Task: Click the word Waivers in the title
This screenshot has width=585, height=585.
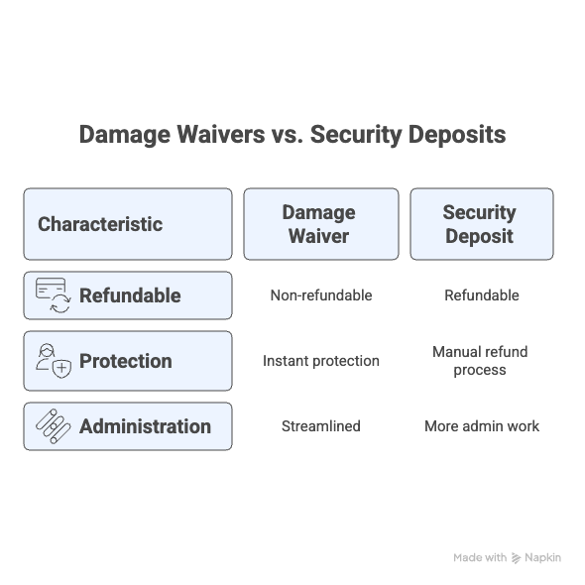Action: pos(221,134)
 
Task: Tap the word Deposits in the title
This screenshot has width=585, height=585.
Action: pos(457,135)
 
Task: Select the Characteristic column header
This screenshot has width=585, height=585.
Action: pos(128,224)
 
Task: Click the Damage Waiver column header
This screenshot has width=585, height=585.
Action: pos(321,224)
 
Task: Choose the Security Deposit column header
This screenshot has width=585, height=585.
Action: pos(482,224)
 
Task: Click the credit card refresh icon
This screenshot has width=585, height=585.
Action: pos(53,295)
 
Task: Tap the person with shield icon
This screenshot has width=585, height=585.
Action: pos(53,361)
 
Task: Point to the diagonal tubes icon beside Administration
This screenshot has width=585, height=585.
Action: pos(53,426)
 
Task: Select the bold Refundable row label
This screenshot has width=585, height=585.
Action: pos(130,295)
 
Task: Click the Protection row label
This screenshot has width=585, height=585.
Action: pos(126,361)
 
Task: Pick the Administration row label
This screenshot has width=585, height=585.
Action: pos(145,426)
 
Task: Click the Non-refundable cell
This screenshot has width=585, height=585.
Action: pos(321,295)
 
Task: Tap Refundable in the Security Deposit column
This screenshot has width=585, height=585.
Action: pos(482,295)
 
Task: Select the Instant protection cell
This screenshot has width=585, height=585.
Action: pos(321,361)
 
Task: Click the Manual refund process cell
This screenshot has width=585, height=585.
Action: pos(480,361)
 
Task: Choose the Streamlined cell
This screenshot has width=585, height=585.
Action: pos(321,426)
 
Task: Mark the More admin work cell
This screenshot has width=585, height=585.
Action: pos(482,426)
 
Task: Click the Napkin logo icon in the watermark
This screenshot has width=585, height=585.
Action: pos(516,558)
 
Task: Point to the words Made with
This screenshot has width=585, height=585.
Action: pos(480,557)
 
